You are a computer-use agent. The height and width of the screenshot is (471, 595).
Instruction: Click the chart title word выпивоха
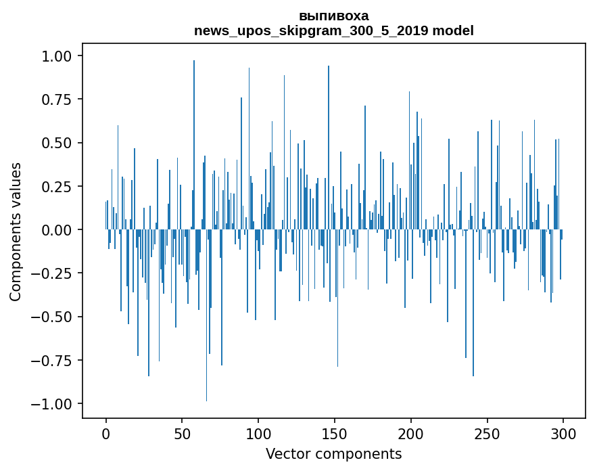tap(333, 16)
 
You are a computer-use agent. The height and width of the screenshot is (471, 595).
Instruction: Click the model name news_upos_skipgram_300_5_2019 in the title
tap(311, 30)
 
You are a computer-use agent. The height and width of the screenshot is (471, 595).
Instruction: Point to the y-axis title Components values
tap(16, 231)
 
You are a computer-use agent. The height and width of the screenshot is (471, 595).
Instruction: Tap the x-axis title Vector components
tap(333, 453)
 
